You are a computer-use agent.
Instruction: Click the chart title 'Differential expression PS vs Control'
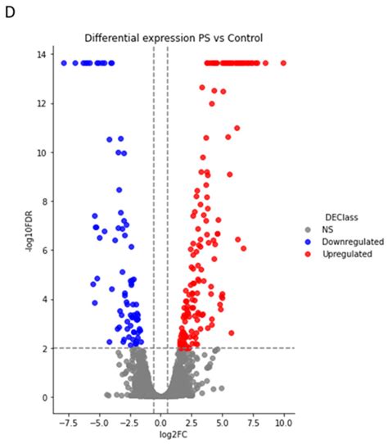(x=173, y=38)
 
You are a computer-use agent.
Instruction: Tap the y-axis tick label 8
(x=43, y=202)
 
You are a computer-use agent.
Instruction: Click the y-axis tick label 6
(x=43, y=251)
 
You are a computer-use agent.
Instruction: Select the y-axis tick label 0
(x=43, y=397)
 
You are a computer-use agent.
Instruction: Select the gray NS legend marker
(x=308, y=229)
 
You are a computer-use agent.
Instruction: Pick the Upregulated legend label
(x=341, y=254)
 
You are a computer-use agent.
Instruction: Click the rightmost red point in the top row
(x=283, y=63)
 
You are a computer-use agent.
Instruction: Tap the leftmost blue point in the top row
(x=64, y=63)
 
